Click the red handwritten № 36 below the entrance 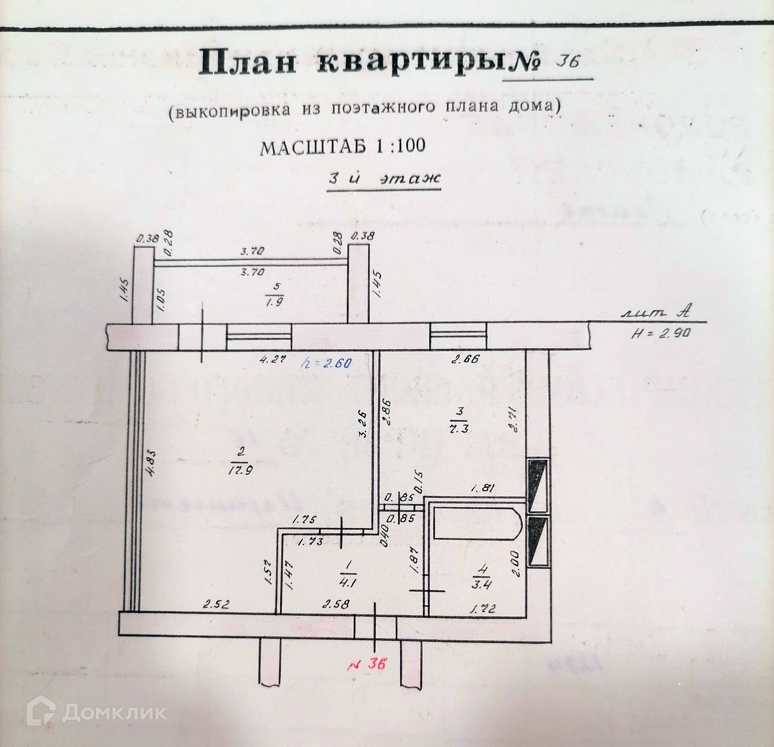[366, 663]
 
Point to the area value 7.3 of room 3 [459, 428]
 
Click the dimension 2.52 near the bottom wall [216, 604]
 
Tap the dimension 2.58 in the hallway [336, 604]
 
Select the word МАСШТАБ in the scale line [313, 148]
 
